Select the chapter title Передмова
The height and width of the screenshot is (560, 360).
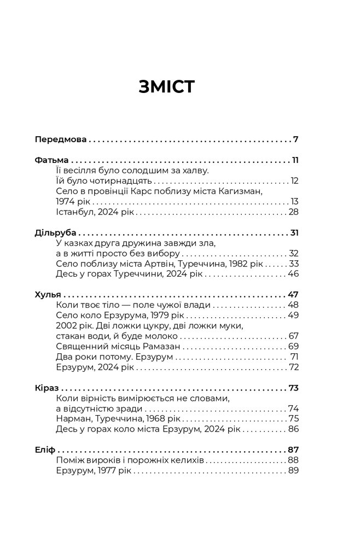click(60, 139)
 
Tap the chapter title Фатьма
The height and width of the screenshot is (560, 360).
click(51, 161)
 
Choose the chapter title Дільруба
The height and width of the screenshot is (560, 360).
click(55, 233)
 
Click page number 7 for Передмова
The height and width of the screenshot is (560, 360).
click(295, 139)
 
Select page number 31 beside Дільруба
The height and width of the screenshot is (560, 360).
click(294, 233)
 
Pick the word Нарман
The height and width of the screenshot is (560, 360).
click(73, 419)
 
